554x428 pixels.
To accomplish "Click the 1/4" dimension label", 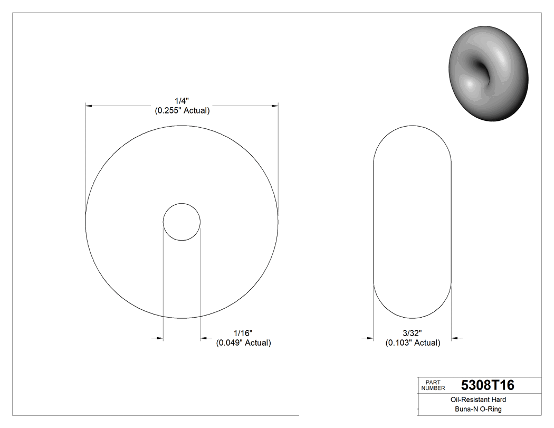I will click(x=182, y=101).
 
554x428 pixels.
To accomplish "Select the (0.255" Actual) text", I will click(x=182, y=111).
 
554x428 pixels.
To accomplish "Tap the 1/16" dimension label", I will click(x=243, y=333).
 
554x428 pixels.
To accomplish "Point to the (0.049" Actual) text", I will click(x=243, y=343).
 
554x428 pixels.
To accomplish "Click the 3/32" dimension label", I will click(x=412, y=333).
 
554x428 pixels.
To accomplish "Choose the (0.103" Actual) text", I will click(x=412, y=343).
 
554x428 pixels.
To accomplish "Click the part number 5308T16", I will click(x=488, y=385).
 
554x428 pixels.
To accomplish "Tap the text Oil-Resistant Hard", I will click(x=479, y=400).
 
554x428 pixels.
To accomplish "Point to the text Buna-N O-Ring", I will click(x=479, y=409).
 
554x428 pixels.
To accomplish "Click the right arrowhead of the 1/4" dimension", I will click(x=275, y=106).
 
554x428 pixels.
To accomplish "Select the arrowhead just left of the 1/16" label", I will click(x=204, y=338).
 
